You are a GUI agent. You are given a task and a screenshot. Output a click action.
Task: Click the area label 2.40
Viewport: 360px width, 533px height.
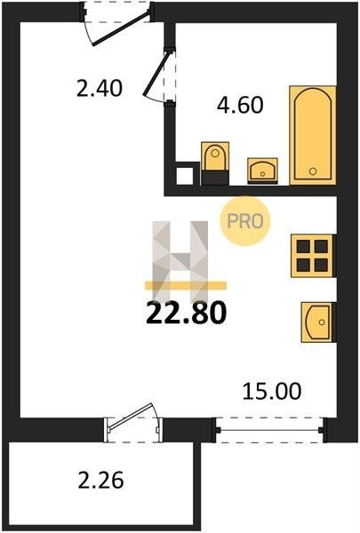pos(99,89)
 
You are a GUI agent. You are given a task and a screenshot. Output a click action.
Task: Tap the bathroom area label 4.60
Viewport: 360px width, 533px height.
pos(240,105)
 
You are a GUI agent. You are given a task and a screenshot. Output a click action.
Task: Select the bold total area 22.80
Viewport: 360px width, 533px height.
pos(186,313)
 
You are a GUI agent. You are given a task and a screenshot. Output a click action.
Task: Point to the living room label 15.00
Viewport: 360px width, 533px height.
pos(272,391)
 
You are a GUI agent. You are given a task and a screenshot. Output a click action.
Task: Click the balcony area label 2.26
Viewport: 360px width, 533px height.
pos(100,481)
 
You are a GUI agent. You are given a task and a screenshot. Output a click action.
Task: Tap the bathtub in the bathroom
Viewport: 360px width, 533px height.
pos(313,135)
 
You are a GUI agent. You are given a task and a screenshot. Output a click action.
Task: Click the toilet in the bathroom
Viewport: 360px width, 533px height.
pos(215,163)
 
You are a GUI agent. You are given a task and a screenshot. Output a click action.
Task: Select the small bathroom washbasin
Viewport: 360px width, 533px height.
pos(262,171)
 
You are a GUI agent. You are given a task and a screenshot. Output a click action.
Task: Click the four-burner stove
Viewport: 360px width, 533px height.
pos(313,256)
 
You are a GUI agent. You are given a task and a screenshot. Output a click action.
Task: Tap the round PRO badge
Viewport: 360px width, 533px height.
pos(245,221)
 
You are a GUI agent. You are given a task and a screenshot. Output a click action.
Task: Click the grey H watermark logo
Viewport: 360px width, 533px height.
pos(180,262)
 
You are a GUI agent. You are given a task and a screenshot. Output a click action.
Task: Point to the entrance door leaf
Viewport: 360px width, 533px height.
pos(121,28)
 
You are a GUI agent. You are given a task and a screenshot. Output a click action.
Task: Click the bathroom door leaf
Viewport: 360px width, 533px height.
pos(156,74)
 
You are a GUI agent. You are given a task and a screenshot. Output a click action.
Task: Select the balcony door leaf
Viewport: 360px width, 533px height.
pos(131,416)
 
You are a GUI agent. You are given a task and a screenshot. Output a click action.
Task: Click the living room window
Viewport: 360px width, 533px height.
pos(269,430)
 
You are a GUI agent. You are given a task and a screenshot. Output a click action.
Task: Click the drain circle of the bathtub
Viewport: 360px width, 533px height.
pos(313,171)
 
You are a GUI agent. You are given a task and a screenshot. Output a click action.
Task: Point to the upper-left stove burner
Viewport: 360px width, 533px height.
pos(303,246)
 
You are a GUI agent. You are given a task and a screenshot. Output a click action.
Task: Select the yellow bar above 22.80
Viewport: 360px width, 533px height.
pos(186,285)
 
